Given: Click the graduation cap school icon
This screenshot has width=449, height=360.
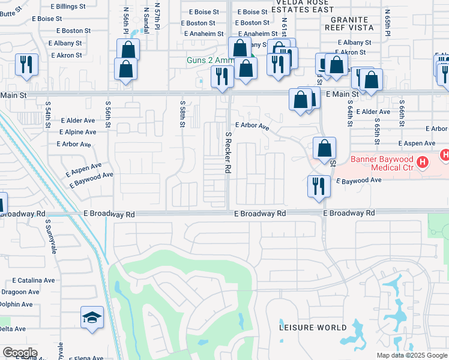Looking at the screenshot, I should click(x=92, y=317).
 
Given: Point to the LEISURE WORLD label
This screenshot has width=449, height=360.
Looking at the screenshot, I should click(x=313, y=328).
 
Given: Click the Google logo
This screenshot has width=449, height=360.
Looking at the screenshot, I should click(x=20, y=353).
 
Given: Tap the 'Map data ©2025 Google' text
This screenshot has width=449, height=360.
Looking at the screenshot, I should click(x=412, y=355).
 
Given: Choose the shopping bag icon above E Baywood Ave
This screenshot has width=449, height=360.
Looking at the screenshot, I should click(x=324, y=148).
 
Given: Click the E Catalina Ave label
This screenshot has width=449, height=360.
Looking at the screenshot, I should click(x=34, y=280).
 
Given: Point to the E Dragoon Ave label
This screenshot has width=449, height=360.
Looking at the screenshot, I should click(x=20, y=292).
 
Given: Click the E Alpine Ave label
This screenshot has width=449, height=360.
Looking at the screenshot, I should click(x=78, y=132).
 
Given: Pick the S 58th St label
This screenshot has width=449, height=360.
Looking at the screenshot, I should click(x=182, y=114).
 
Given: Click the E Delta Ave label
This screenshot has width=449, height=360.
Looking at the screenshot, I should click(x=13, y=329).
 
